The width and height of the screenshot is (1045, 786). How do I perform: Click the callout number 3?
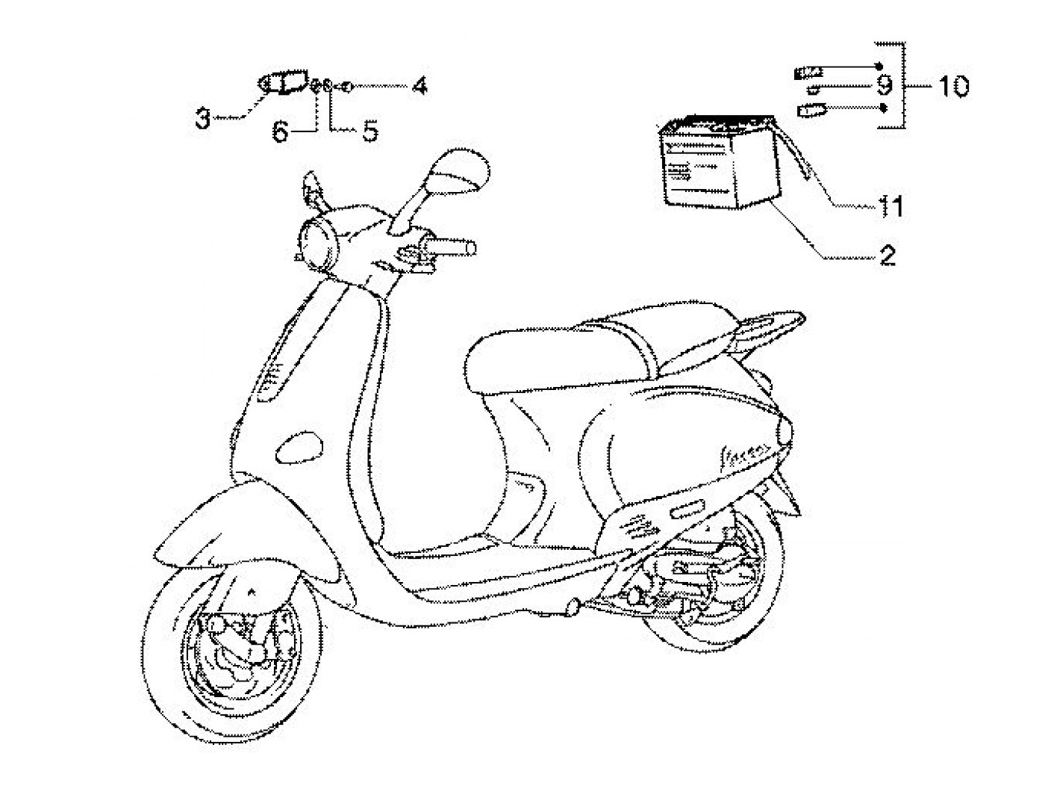click(x=203, y=117)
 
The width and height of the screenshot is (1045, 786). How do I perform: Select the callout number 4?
click(x=419, y=86)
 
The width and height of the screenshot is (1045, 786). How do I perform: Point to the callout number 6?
click(x=280, y=132)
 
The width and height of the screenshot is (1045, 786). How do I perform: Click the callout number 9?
click(x=885, y=87)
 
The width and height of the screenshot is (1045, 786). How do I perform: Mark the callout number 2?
click(x=887, y=256)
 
